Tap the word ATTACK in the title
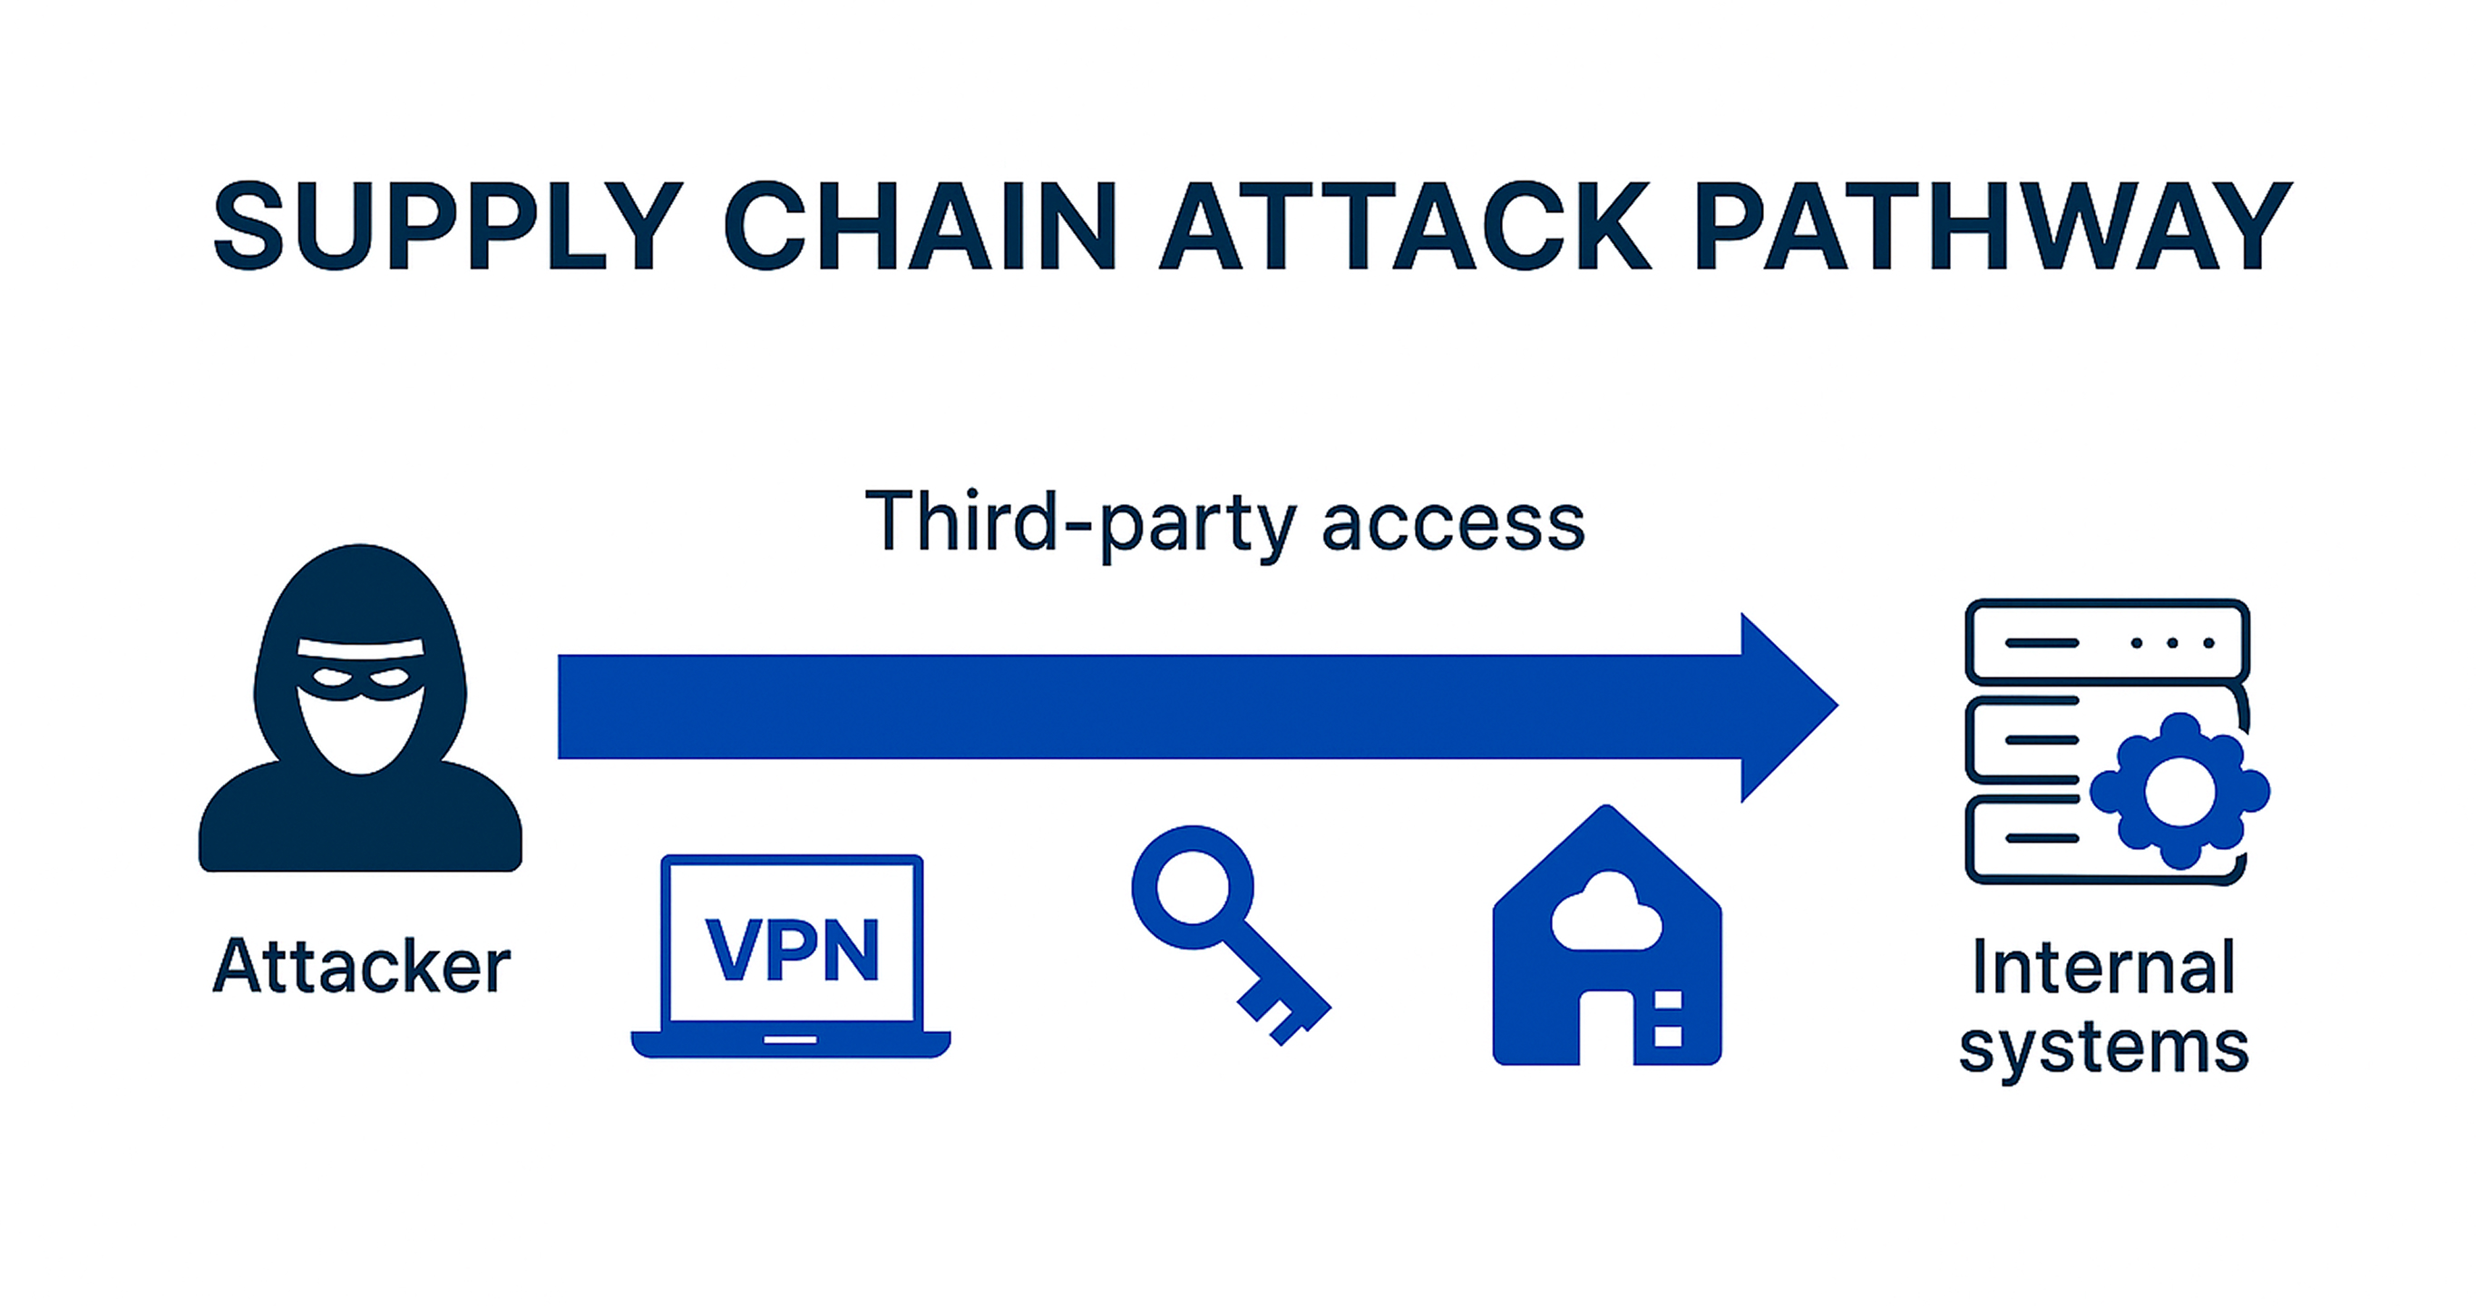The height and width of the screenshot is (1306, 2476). pos(1405,227)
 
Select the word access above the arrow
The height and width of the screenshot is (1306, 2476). pos(1453,523)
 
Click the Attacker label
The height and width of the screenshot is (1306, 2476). pos(360,966)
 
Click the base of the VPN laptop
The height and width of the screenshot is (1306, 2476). pos(790,1044)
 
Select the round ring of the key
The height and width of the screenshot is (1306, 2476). pos(1193,886)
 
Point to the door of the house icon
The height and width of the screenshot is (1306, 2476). pos(1607,1028)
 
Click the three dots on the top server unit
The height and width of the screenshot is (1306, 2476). pos(2171,643)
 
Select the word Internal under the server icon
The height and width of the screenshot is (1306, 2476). pos(2103,967)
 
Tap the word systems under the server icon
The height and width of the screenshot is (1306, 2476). pos(2103,1047)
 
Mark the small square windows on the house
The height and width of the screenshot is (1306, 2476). pos(1668,1018)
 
